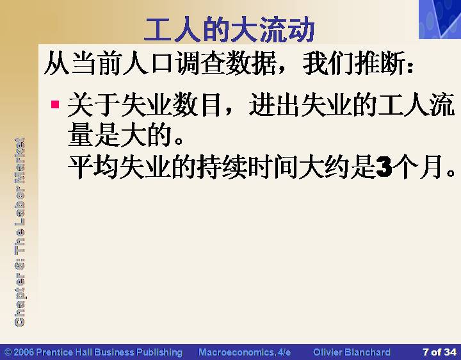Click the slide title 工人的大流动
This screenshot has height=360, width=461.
click(x=229, y=29)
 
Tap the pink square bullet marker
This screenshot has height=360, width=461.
click(x=55, y=104)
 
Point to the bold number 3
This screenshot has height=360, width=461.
click(x=384, y=167)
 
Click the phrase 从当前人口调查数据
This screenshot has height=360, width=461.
click(x=161, y=63)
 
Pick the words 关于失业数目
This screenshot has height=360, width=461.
click(x=145, y=104)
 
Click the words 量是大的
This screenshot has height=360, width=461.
click(x=119, y=135)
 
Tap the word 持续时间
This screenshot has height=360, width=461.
click(x=248, y=167)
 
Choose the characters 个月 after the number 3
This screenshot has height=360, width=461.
click(x=418, y=167)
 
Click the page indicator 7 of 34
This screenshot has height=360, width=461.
click(x=439, y=352)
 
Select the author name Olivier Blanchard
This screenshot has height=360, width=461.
click(x=352, y=352)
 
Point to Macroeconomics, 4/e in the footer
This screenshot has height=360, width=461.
click(x=245, y=352)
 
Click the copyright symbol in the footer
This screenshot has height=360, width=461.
click(x=8, y=352)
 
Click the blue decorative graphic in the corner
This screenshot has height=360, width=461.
click(x=440, y=19)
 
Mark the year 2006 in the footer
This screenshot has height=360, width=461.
click(x=24, y=352)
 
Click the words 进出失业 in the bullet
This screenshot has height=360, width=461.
click(x=300, y=104)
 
